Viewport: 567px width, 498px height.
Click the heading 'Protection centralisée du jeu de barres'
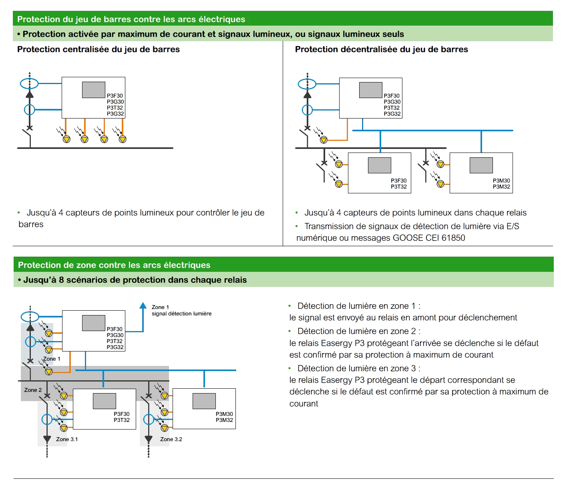pyautogui.click(x=98, y=49)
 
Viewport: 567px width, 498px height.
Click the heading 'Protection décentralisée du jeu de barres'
pyautogui.click(x=381, y=49)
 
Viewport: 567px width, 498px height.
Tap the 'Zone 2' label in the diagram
pyautogui.click(x=33, y=390)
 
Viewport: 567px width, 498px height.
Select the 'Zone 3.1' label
pyautogui.click(x=67, y=439)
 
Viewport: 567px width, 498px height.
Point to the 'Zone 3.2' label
pyautogui.click(x=171, y=439)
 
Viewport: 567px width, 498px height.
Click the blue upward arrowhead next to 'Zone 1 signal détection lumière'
pyautogui.click(x=143, y=306)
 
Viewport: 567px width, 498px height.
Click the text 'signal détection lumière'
pyautogui.click(x=181, y=313)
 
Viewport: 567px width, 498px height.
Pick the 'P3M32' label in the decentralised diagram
pyautogui.click(x=501, y=187)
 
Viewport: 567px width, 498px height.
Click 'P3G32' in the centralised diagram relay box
pyautogui.click(x=115, y=114)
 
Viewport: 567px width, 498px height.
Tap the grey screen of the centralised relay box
pyautogui.click(x=94, y=90)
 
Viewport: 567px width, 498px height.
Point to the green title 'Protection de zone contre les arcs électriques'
pyautogui.click(x=114, y=265)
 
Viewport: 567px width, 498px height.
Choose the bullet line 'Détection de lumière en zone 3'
pyautogui.click(x=359, y=368)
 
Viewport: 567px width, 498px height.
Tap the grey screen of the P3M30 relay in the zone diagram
pyautogui.click(x=204, y=401)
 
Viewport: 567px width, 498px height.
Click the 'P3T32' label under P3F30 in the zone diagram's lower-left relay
pyautogui.click(x=122, y=420)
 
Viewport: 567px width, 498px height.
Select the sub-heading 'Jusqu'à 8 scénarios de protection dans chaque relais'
pyautogui.click(x=135, y=280)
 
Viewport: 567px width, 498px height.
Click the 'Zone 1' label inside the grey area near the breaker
pyautogui.click(x=52, y=359)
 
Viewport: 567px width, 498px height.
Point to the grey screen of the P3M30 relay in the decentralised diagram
pyautogui.click(x=481, y=165)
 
